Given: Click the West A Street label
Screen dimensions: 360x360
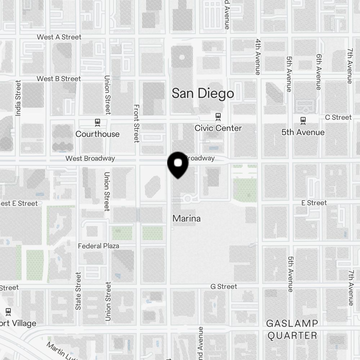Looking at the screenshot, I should tap(59, 37).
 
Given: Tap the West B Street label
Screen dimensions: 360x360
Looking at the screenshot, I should tap(59, 79).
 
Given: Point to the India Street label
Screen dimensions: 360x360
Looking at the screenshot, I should tap(18, 98).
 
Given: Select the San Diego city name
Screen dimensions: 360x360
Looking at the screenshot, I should tap(203, 94).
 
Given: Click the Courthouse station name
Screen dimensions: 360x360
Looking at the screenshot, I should tap(97, 134).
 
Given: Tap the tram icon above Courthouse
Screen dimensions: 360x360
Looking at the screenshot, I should tap(97, 122).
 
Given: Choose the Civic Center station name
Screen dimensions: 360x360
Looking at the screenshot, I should tap(218, 128).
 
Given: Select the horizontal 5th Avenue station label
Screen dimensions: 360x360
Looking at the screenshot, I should tap(303, 132).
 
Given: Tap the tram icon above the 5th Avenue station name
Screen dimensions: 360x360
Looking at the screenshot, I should tap(303, 120).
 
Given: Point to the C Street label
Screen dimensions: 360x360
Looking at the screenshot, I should tap(338, 117).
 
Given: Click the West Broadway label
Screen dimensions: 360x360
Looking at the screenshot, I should tap(90, 158).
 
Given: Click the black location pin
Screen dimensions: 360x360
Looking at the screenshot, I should tap(178, 165).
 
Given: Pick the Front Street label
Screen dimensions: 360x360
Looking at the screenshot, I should tap(136, 123).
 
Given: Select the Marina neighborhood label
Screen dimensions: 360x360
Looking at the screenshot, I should tap(186, 219).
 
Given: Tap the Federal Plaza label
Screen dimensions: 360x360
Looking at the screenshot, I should tap(98, 246).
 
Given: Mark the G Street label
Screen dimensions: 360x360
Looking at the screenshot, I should tap(224, 287).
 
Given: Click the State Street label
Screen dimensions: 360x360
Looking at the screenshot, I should tap(78, 291).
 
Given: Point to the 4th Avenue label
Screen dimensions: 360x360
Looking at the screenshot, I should tap(258, 57).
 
